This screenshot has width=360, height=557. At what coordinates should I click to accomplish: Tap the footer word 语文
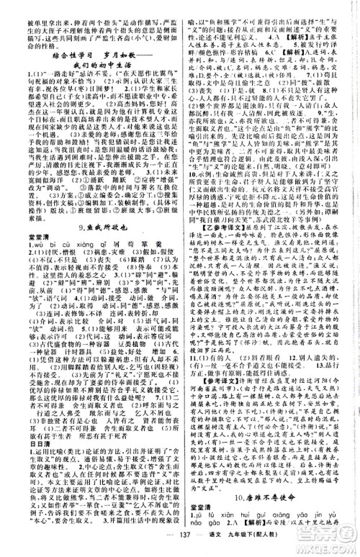pos(210,546)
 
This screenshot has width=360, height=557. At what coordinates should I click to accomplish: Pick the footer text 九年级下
pos(238,546)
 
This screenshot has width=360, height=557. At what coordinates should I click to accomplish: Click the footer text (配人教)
pos(270,546)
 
